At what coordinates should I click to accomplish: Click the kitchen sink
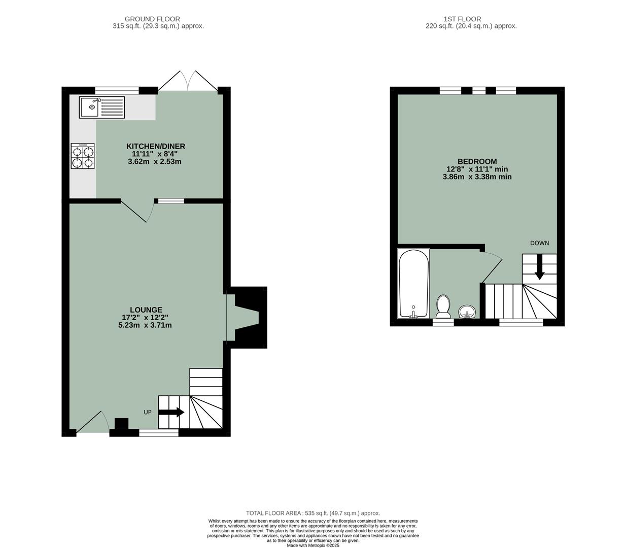tap(101, 107)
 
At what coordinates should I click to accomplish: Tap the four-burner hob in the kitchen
tap(83, 156)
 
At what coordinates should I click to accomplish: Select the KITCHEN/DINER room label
tap(156, 146)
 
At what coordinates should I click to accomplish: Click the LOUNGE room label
tap(146, 310)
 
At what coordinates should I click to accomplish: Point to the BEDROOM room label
tap(477, 161)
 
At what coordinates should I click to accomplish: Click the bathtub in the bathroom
tap(413, 284)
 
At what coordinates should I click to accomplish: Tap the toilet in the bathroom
tap(443, 306)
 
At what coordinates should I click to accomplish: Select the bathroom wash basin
tap(467, 311)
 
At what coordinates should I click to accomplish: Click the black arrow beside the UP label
tap(171, 413)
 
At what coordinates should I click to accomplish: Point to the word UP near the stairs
tap(148, 413)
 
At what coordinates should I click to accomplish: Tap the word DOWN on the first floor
tap(539, 243)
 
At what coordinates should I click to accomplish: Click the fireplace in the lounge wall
tap(248, 317)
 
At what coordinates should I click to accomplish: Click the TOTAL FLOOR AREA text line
tap(313, 513)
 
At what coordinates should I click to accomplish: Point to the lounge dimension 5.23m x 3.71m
tap(145, 325)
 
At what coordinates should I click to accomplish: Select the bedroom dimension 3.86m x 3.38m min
tap(477, 177)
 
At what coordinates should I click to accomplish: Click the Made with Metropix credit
tap(313, 545)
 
